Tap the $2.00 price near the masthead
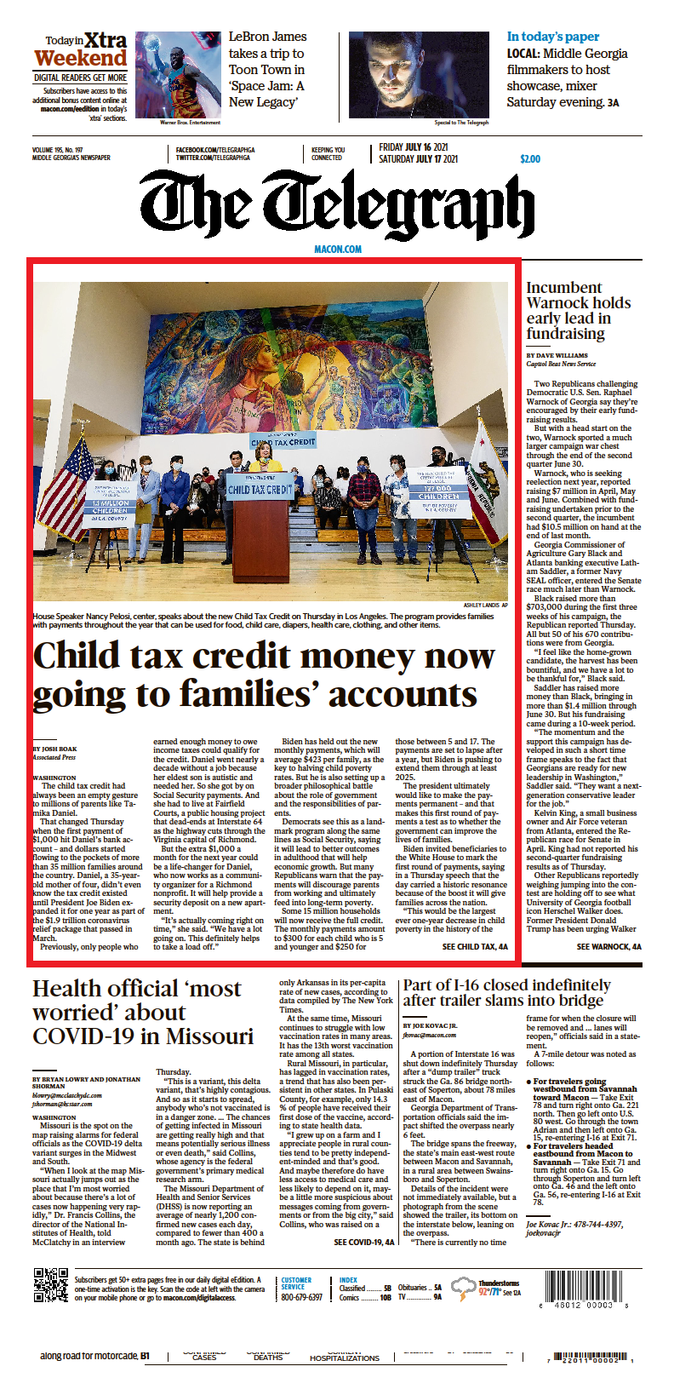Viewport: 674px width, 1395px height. tap(530, 159)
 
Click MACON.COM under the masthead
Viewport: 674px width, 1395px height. tap(338, 250)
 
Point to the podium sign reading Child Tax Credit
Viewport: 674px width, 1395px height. tap(260, 490)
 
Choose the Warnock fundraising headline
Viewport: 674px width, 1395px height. tap(578, 311)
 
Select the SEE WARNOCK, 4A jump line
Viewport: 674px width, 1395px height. tap(608, 946)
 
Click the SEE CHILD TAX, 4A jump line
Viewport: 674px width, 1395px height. tap(475, 946)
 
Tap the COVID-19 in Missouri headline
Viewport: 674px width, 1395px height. tap(143, 1013)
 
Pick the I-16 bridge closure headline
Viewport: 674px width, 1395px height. tap(506, 993)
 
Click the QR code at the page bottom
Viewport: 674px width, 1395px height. tap(50, 1286)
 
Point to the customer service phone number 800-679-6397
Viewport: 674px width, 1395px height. tap(302, 1297)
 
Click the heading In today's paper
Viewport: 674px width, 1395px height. tap(553, 37)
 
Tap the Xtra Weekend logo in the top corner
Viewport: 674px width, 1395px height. tap(82, 51)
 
